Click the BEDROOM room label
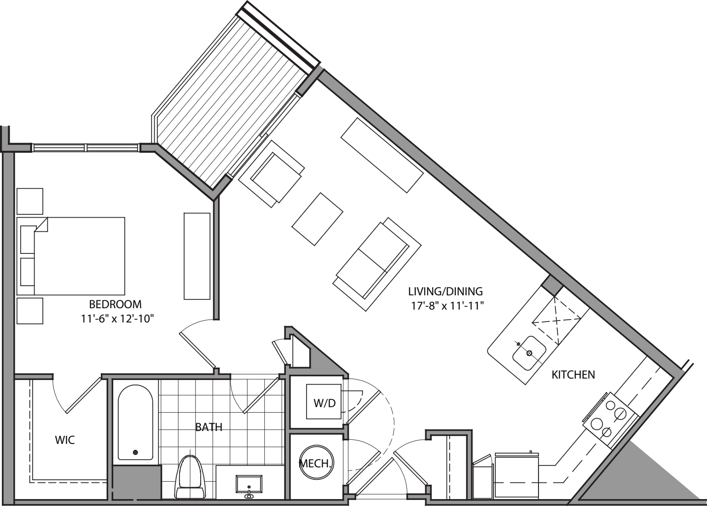pyautogui.click(x=115, y=304)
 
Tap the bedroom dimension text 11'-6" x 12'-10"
pyautogui.click(x=116, y=318)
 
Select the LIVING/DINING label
pyautogui.click(x=446, y=291)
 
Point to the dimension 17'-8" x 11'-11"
pyautogui.click(x=446, y=305)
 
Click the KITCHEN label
pyautogui.click(x=573, y=375)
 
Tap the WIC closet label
pyautogui.click(x=65, y=440)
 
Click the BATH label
pyautogui.click(x=209, y=427)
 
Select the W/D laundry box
pyautogui.click(x=325, y=403)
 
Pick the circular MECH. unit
pyautogui.click(x=317, y=463)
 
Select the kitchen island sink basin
pyautogui.click(x=529, y=353)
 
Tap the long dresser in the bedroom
pyautogui.click(x=197, y=256)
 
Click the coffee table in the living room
pyautogui.click(x=318, y=219)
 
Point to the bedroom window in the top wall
pyautogui.click(x=86, y=148)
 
